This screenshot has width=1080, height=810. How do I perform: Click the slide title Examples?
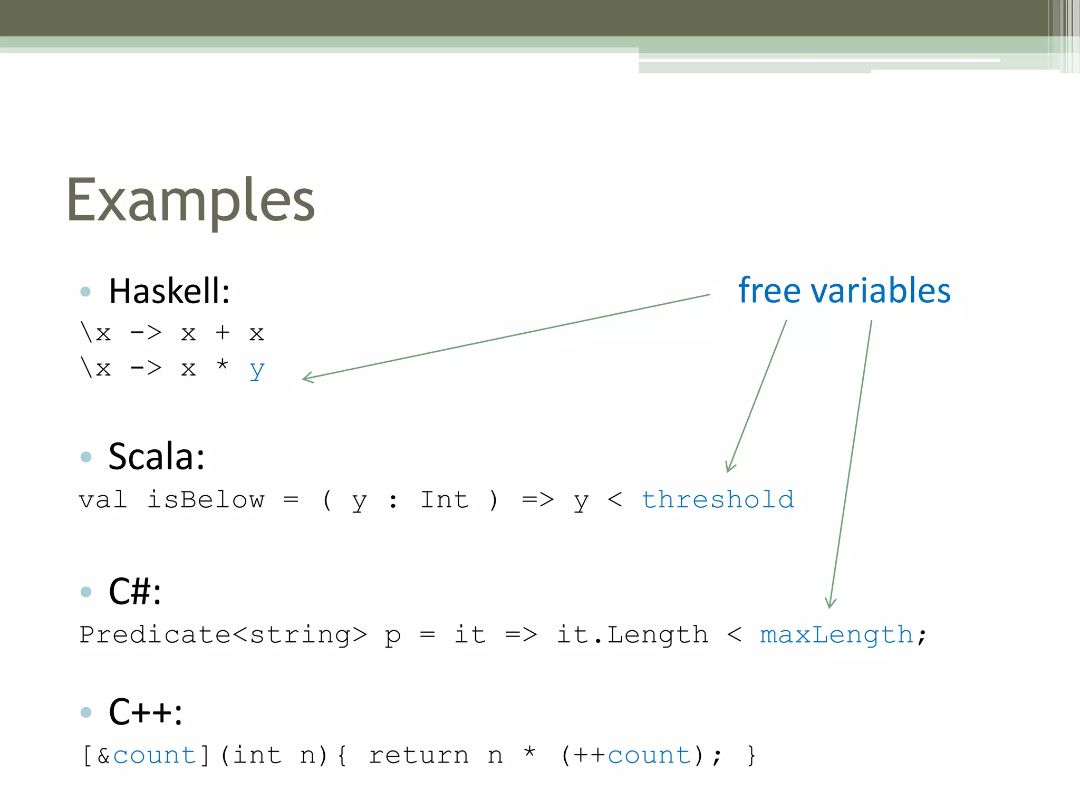pyautogui.click(x=190, y=200)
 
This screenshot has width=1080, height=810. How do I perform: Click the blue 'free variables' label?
pyautogui.click(x=844, y=291)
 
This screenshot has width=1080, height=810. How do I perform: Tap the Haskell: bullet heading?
pyautogui.click(x=169, y=291)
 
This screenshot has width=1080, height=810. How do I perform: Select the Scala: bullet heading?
pyautogui.click(x=157, y=457)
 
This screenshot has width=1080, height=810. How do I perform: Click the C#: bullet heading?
pyautogui.click(x=135, y=591)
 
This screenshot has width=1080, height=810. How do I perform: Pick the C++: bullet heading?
pyautogui.click(x=146, y=712)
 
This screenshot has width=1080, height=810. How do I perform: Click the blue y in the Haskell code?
pyautogui.click(x=257, y=370)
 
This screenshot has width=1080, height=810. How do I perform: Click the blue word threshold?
pyautogui.click(x=718, y=499)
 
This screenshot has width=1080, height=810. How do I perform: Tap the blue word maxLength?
pyautogui.click(x=836, y=634)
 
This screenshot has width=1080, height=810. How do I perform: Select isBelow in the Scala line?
pyautogui.click(x=206, y=499)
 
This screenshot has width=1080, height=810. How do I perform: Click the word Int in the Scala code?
pyautogui.click(x=444, y=499)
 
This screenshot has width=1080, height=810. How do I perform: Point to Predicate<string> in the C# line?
pyautogui.click(x=223, y=634)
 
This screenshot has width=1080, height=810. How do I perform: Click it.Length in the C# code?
pyautogui.click(x=632, y=634)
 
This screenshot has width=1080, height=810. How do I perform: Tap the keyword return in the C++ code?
pyautogui.click(x=418, y=755)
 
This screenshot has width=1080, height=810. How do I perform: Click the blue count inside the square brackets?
pyautogui.click(x=155, y=755)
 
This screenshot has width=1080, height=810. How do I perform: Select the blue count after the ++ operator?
pyautogui.click(x=649, y=755)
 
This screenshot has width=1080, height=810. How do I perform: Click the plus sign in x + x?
pyautogui.click(x=223, y=333)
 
